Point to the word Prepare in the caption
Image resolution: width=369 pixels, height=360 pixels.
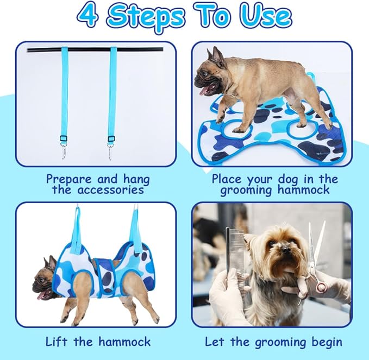(x=69, y=179)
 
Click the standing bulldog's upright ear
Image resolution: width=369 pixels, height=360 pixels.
(x=217, y=55)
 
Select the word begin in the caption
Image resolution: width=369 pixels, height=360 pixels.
(x=325, y=342)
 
